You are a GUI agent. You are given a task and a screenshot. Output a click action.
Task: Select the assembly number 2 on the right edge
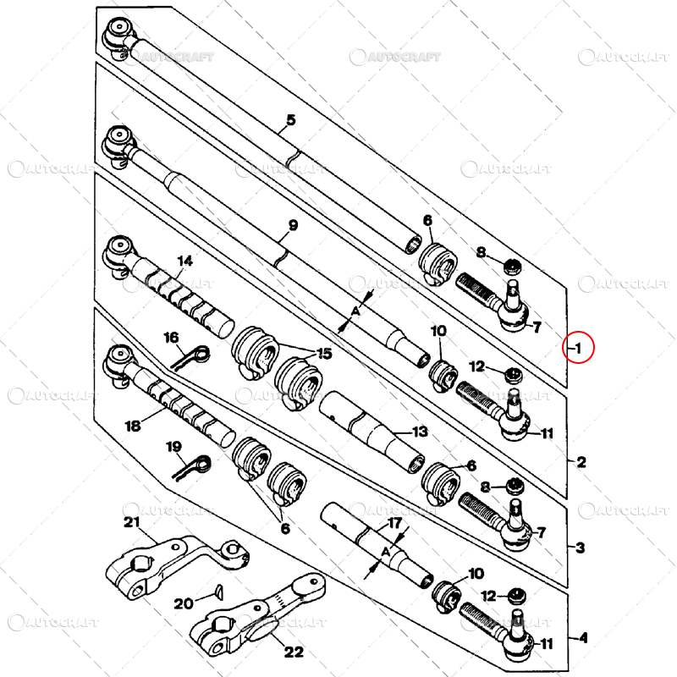pyautogui.click(x=581, y=462)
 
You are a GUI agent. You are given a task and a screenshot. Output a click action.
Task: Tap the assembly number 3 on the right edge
pyautogui.click(x=580, y=548)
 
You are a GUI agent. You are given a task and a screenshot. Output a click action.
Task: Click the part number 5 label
pyautogui.click(x=290, y=119)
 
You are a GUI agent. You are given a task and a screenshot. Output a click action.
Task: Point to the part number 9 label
pyautogui.click(x=293, y=226)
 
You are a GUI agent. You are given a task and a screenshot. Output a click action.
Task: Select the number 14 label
pyautogui.click(x=185, y=261)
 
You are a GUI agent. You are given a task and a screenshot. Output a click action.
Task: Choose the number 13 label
pyautogui.click(x=421, y=432)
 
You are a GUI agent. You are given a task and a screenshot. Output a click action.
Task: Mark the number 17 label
pyautogui.click(x=394, y=524)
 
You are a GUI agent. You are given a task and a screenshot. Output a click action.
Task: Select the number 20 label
pyautogui.click(x=184, y=603)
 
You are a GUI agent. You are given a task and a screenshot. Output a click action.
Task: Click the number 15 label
pyautogui.click(x=323, y=352)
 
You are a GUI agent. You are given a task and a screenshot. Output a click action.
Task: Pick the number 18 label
pyautogui.click(x=133, y=426)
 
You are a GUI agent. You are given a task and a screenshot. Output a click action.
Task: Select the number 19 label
pyautogui.click(x=173, y=446)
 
